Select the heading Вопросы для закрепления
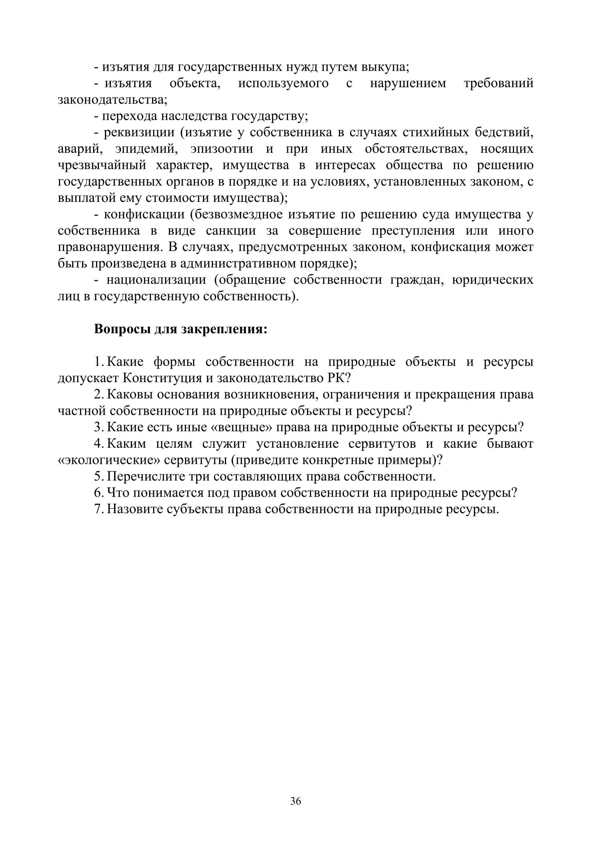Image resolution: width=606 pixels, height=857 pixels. tap(181, 329)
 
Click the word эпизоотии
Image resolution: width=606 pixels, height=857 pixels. tap(222, 148)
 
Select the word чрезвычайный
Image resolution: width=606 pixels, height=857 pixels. tap(102, 165)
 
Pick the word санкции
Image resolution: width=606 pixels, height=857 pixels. tap(231, 231)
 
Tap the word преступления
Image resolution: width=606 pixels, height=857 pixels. tap(413, 231)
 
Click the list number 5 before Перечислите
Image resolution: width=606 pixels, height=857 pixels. tap(98, 476)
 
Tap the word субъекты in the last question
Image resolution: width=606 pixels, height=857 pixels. tap(191, 509)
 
